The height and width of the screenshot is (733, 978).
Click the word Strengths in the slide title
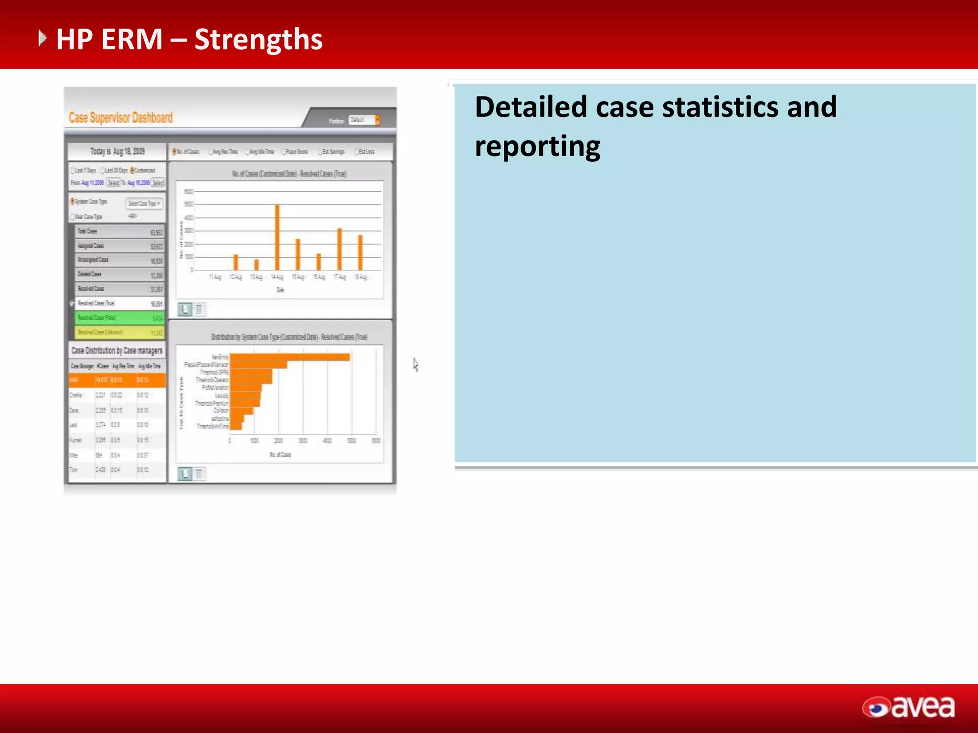pos(258,40)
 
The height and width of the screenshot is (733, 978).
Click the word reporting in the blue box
pos(537,146)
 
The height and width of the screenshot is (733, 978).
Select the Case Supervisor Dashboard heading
pos(120,118)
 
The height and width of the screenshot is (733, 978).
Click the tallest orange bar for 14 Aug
pos(277,237)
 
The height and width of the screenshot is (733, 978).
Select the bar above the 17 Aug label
pos(340,249)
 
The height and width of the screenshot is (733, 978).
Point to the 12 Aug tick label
pos(235,277)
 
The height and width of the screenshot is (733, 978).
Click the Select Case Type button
pos(144,204)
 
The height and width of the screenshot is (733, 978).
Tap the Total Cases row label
pos(87,231)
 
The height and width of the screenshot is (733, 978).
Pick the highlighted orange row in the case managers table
pos(117,380)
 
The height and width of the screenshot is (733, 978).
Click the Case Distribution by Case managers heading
pos(117,351)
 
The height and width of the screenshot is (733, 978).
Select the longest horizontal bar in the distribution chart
pos(289,357)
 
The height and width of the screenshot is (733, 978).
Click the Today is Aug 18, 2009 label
pos(117,151)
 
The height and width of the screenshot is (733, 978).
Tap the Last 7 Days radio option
pos(84,170)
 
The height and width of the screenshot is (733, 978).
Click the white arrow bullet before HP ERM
pos(43,38)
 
